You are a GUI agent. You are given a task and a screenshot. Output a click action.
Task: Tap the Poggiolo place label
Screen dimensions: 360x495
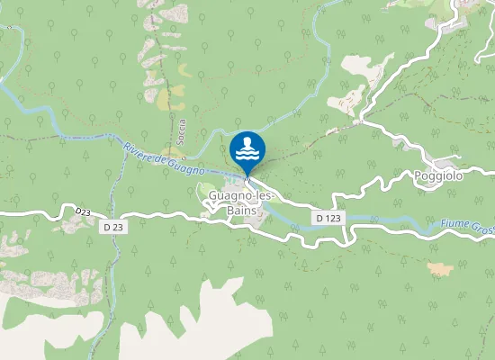tap(438, 175)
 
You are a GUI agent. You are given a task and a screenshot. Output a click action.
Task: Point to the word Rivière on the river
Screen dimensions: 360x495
tap(134, 149)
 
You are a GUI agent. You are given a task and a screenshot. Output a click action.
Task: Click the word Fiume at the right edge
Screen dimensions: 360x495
tap(455, 223)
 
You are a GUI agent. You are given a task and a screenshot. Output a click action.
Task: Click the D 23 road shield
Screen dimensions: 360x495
tap(113, 228)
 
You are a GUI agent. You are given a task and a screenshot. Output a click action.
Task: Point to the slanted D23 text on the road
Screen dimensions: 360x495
tap(84, 211)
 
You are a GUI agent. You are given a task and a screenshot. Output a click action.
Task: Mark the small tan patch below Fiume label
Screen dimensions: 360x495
tap(440, 268)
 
